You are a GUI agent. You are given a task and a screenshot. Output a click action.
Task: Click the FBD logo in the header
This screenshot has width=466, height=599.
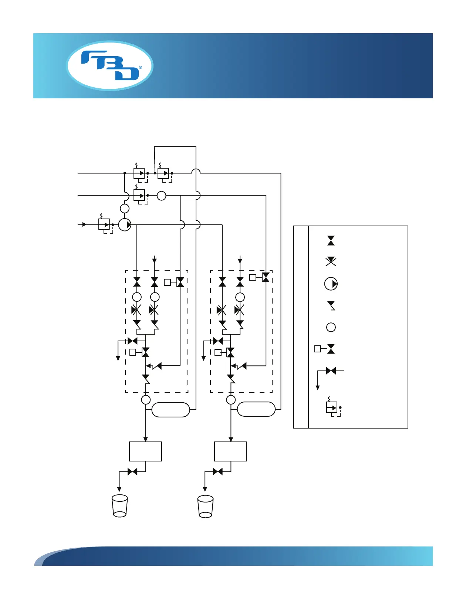tap(109, 65)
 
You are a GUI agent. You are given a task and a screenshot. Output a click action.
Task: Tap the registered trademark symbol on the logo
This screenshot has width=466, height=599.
tap(141, 68)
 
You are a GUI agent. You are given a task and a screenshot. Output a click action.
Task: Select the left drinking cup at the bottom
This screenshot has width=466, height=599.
tap(120, 506)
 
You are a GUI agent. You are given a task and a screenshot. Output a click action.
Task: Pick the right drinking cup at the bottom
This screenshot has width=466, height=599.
tap(205, 506)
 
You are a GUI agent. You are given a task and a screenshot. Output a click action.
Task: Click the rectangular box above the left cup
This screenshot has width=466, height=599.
tap(145, 451)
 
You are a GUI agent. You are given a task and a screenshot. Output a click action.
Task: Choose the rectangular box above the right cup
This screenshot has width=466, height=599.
tap(230, 451)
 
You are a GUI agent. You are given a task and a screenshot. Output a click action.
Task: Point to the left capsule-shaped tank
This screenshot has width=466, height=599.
tap(171, 410)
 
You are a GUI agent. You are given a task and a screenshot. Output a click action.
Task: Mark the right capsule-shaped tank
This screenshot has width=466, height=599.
tap(256, 409)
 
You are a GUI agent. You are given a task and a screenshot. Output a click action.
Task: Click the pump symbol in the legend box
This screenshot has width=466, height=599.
tap(331, 284)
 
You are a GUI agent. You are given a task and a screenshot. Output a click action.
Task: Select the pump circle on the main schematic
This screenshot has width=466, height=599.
tap(125, 224)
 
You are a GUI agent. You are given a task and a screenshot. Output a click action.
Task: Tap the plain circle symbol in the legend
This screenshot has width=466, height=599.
tap(331, 327)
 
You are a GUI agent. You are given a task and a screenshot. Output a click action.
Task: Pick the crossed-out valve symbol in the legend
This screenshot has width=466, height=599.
tap(331, 262)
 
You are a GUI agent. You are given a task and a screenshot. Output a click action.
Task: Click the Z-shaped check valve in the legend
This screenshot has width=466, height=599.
tap(331, 306)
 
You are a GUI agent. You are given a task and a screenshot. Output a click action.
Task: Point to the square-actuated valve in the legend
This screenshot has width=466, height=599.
tap(325, 349)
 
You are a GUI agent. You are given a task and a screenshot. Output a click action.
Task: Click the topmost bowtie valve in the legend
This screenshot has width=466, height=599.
tap(331, 241)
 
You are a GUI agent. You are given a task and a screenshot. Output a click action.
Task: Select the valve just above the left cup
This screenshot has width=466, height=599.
tap(132, 471)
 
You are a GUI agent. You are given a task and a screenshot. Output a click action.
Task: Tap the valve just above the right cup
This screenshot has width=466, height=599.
tap(218, 471)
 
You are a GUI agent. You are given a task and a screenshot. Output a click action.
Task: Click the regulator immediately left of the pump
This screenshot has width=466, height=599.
tap(104, 224)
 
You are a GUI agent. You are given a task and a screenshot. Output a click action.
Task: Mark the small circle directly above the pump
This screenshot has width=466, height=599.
tap(125, 209)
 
